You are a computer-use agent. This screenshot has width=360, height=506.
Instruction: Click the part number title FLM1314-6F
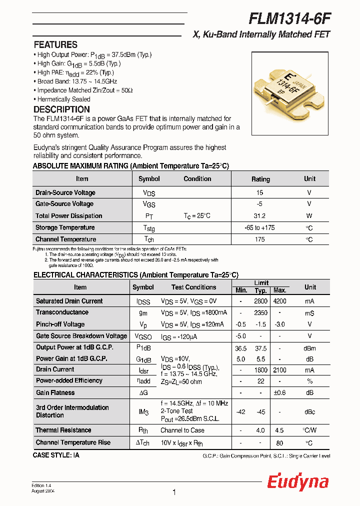click(289, 18)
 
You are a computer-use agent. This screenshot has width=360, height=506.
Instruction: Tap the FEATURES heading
click(55, 44)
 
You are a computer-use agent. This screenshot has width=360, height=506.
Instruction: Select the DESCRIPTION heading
click(61, 109)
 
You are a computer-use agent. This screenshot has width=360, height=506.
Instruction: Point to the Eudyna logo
click(297, 481)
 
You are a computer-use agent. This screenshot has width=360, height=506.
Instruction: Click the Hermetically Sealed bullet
click(62, 99)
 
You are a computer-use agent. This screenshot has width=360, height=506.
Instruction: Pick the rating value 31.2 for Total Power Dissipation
click(260, 216)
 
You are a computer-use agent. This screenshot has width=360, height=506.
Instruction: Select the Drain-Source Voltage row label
click(65, 192)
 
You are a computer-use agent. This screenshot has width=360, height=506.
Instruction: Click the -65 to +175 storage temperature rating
click(260, 227)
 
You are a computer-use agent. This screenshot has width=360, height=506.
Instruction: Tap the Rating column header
click(260, 179)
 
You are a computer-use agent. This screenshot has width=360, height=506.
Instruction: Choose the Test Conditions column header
click(193, 287)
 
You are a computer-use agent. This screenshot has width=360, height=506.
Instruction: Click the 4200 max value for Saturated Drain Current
click(279, 301)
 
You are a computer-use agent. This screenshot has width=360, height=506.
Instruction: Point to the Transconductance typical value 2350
click(260, 312)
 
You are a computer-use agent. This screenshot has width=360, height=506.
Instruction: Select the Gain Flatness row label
click(55, 393)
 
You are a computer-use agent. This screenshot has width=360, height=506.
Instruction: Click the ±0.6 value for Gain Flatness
click(279, 393)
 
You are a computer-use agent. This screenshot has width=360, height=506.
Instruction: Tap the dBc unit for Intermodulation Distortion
click(309, 411)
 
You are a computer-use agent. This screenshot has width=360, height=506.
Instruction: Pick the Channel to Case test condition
click(182, 430)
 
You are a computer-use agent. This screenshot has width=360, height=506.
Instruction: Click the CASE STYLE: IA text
click(56, 455)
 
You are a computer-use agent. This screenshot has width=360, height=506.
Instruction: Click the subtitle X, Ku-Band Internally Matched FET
click(261, 34)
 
